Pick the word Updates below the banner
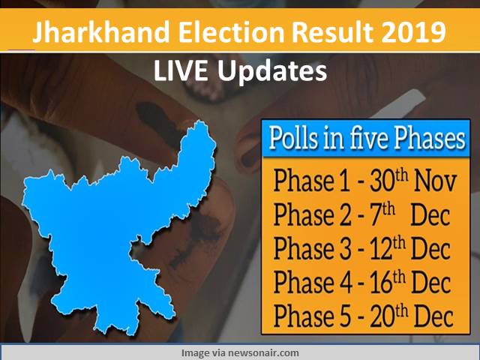272,73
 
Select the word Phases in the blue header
429,139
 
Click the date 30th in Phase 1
388,181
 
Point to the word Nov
435,181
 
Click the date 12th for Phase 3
388,248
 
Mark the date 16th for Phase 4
388,282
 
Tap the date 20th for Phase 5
388,316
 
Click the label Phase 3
312,248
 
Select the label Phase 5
312,316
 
